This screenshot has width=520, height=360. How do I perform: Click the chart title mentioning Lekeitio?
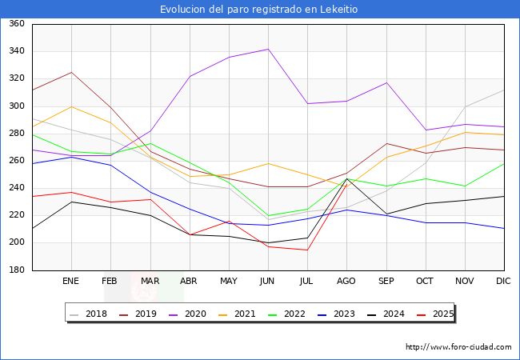coord(259,9)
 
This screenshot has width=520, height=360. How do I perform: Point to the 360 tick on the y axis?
coord(16,24)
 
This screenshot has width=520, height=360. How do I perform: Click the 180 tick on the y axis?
coord(16,270)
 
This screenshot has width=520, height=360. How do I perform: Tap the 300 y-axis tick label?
coord(16,106)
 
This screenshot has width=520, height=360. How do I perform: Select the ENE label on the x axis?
coord(71,282)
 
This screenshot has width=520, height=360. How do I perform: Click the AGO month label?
coord(346,282)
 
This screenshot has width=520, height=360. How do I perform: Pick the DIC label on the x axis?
coord(503,282)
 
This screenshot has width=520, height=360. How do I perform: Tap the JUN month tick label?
coord(268,282)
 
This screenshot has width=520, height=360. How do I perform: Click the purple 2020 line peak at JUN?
coord(268,50)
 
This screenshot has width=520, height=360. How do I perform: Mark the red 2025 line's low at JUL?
coord(307,250)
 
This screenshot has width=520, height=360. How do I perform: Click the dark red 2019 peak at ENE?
coord(71,72)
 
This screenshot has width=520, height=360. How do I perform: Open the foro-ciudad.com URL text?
coord(458,347)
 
